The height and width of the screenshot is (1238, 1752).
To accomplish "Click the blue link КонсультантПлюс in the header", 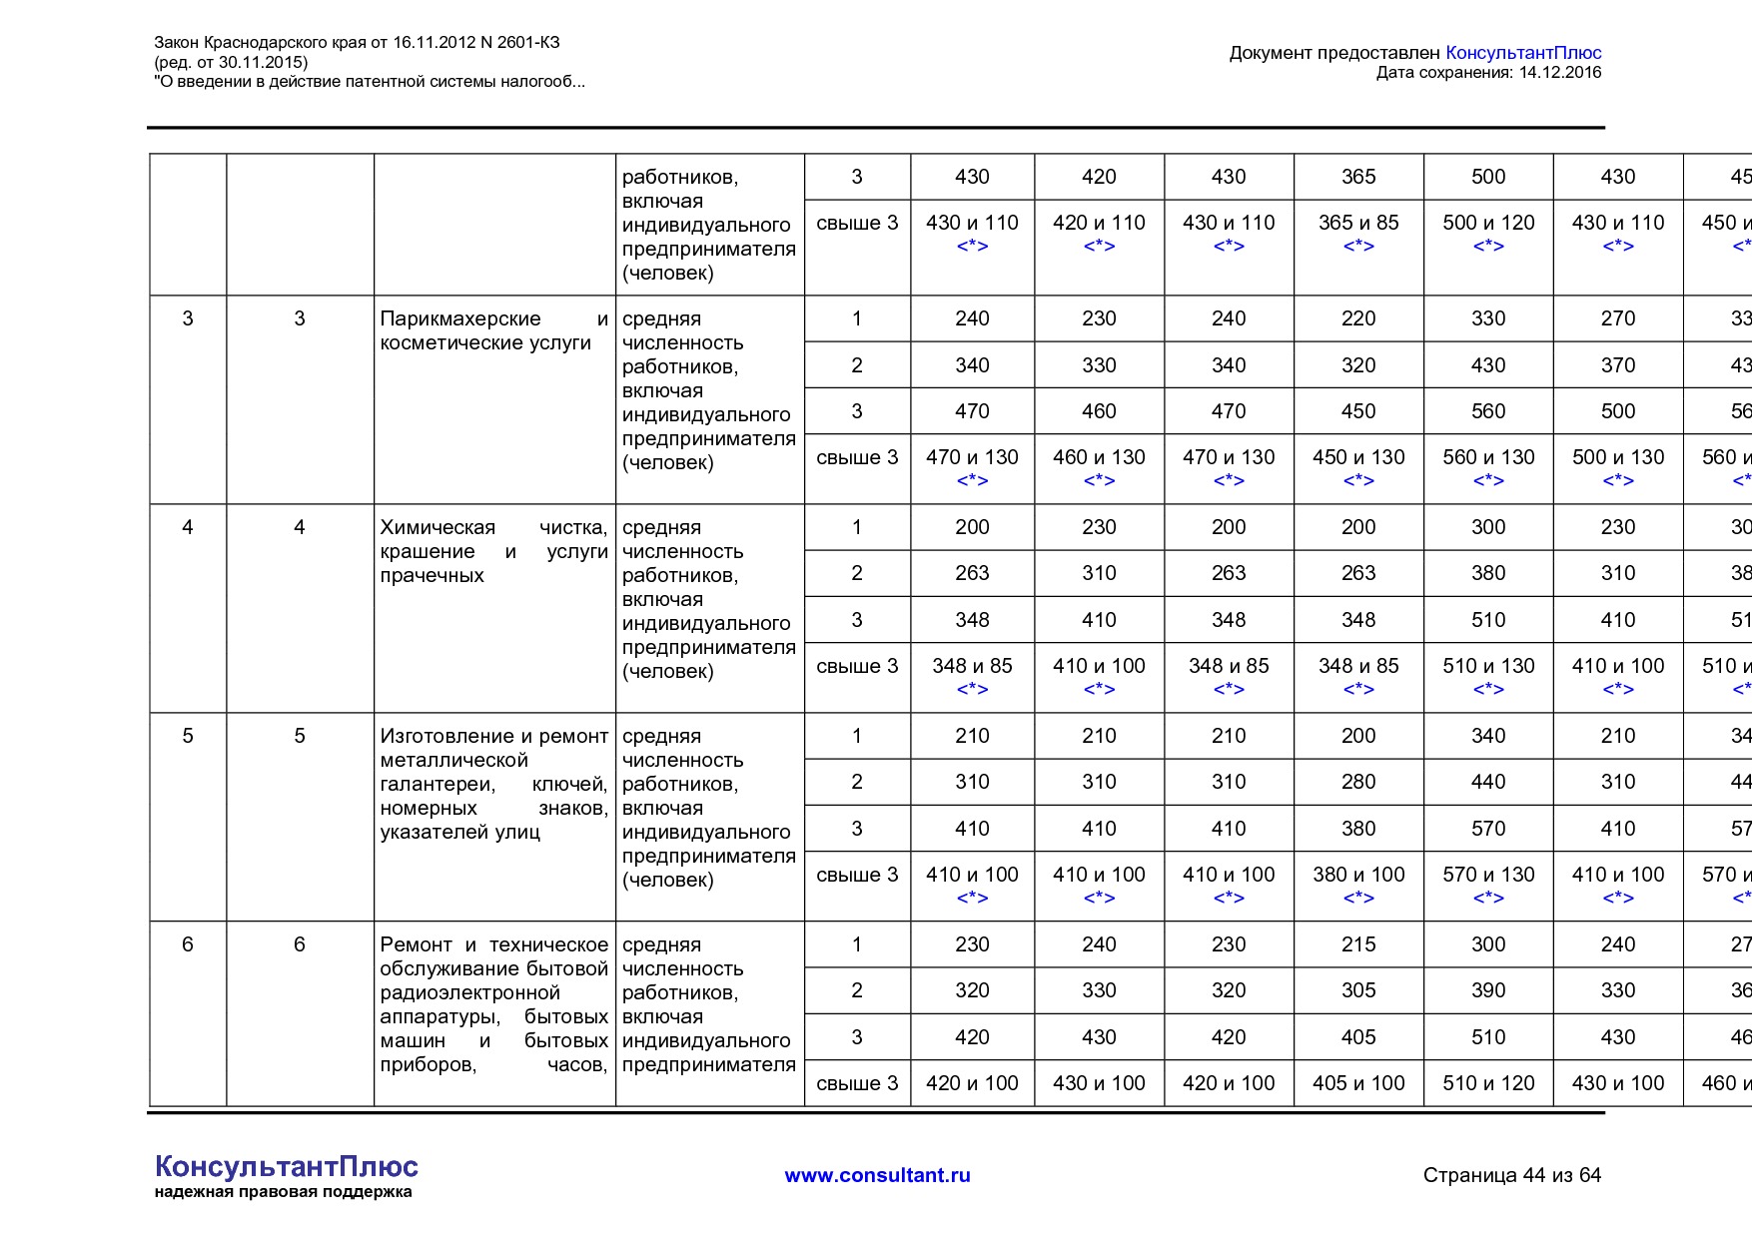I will coord(1523,53).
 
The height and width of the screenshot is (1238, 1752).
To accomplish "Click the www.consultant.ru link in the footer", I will coord(877,1175).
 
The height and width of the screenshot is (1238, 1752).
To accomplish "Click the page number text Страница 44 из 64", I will coord(1511,1175).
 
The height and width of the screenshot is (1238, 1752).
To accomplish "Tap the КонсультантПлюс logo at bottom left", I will coord(286,1166).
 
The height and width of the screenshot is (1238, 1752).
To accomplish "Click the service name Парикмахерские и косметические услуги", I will coord(493,330).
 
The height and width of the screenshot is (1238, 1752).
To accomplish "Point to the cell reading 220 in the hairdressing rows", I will coord(1358,318).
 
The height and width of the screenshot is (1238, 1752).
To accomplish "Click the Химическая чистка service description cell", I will coord(493,551).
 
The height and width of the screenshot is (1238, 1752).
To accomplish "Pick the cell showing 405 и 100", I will coord(1358,1083).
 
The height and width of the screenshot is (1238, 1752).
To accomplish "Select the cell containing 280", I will coord(1358,782).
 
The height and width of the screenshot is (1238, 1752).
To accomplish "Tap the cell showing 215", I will coord(1358,944).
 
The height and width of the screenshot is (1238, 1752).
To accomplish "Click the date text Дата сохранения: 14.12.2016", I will coord(1488,72).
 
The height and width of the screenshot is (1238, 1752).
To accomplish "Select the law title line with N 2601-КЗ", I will coord(357,42).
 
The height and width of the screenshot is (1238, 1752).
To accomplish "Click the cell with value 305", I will coord(1358,990).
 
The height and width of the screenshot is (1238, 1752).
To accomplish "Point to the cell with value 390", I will coord(1488,990).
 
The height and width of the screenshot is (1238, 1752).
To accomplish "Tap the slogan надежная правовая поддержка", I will coord(283,1192).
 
